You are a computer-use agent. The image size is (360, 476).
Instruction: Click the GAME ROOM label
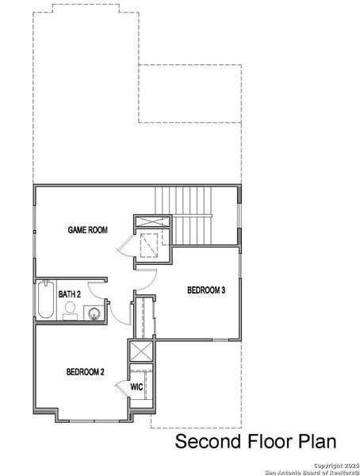(86, 230)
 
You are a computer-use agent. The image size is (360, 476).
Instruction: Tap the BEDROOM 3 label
(207, 290)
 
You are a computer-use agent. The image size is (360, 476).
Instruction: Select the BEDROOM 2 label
(86, 371)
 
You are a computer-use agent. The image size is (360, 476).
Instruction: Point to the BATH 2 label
(70, 294)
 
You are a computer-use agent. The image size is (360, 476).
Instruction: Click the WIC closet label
(136, 386)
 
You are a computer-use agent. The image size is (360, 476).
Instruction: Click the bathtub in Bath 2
(45, 301)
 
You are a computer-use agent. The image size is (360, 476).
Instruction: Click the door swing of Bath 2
(117, 313)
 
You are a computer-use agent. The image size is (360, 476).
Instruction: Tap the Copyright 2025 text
(336, 464)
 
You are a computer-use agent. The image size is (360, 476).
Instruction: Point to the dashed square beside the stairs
(149, 248)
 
